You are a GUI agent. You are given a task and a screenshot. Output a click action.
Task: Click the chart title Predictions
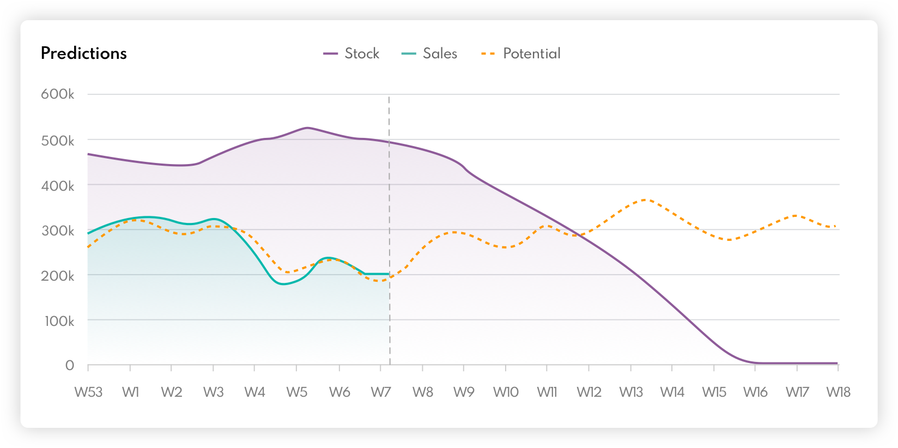[x=84, y=53]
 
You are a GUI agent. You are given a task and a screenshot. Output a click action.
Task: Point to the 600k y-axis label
[x=58, y=94]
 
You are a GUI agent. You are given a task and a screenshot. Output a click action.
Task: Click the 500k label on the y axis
[x=58, y=141]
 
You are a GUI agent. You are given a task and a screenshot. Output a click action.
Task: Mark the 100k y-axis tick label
[x=59, y=321]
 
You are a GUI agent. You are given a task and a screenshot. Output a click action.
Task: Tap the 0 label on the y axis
[x=70, y=365]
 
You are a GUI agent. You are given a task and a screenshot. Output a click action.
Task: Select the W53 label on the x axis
[x=88, y=392]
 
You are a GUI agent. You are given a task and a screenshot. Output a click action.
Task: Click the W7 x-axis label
[x=381, y=392]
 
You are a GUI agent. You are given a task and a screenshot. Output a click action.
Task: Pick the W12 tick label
[x=589, y=392]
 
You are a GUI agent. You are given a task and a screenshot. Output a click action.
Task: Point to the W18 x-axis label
[x=838, y=392]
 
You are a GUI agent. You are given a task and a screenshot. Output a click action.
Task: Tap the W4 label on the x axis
[x=254, y=392]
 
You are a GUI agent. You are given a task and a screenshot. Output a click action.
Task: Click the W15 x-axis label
[x=714, y=392]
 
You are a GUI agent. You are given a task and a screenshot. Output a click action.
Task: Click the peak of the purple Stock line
[x=307, y=128]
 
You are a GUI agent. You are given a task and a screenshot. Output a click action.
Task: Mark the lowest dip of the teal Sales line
[x=282, y=284]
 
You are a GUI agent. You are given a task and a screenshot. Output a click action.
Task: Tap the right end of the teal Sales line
[x=389, y=274]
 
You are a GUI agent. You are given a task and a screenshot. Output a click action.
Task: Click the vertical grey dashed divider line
[x=389, y=218]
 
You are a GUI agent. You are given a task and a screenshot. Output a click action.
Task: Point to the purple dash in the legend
[x=330, y=53]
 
